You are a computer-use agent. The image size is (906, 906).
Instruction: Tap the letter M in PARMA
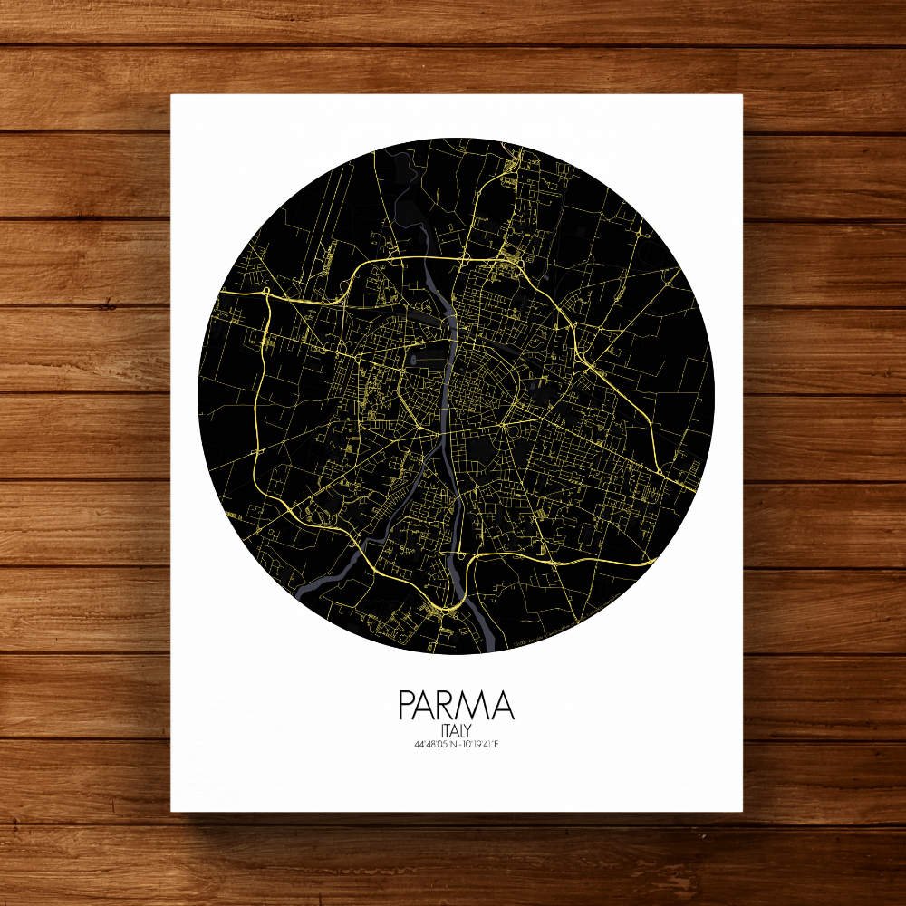click(475, 706)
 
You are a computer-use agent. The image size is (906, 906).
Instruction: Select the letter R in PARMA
click(450, 706)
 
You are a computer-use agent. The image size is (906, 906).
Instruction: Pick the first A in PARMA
click(428, 706)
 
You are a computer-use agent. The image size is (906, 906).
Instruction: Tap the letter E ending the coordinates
click(496, 746)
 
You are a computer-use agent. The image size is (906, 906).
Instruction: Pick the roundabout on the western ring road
click(268, 292)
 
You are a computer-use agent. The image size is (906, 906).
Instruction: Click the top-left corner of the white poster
click(172, 95)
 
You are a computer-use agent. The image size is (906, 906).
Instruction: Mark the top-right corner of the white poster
click(743, 95)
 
